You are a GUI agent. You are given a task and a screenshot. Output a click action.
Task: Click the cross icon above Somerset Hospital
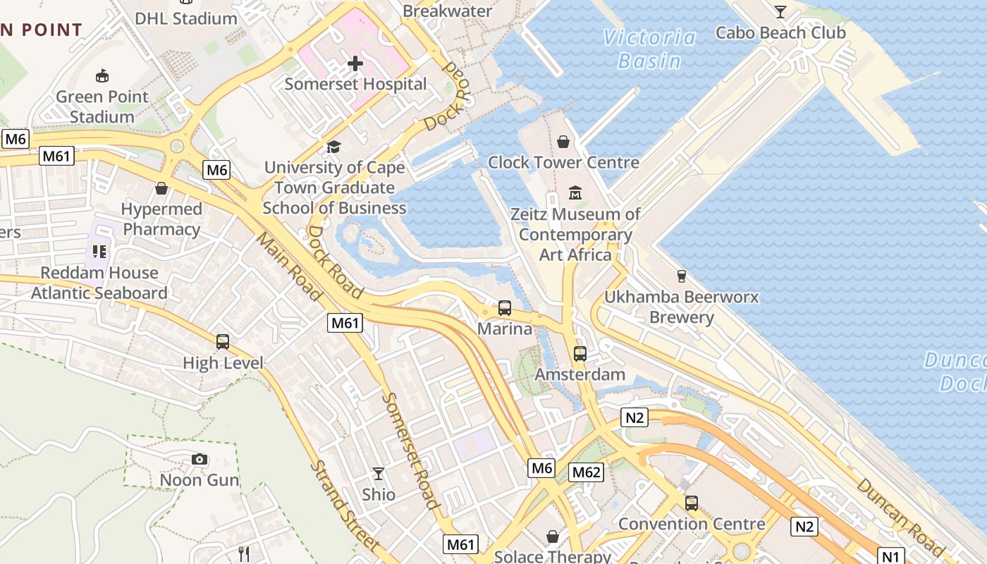click(355, 63)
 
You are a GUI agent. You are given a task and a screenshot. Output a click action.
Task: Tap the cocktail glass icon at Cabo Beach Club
click(780, 11)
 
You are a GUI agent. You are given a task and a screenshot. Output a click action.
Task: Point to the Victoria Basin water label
click(649, 49)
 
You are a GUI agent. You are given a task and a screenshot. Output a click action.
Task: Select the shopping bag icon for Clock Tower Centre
click(563, 142)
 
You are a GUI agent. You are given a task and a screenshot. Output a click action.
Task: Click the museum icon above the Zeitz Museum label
click(575, 192)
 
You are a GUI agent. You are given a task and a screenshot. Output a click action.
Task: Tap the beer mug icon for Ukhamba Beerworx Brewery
click(681, 276)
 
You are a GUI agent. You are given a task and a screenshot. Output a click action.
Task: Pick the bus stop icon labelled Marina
click(505, 308)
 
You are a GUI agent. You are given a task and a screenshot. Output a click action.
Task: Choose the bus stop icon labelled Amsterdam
click(580, 354)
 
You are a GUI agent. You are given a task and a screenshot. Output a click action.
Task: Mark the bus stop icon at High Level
click(223, 342)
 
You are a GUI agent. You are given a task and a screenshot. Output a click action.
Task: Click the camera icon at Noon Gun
click(200, 460)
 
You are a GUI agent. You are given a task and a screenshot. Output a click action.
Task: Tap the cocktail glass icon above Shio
click(379, 474)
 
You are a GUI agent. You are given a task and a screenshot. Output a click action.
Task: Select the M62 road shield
click(586, 472)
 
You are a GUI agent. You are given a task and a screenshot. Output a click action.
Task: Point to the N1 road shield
click(890, 555)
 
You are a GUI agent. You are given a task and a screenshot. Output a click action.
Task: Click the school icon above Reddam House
click(99, 252)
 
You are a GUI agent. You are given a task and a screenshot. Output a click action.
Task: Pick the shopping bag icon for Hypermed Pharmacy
click(161, 188)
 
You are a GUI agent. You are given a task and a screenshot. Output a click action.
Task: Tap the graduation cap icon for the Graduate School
click(333, 147)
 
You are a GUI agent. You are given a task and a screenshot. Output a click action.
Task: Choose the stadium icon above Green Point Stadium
click(102, 75)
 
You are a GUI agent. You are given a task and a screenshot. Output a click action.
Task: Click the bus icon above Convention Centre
click(692, 503)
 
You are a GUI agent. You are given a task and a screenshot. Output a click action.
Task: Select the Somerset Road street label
click(410, 450)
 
